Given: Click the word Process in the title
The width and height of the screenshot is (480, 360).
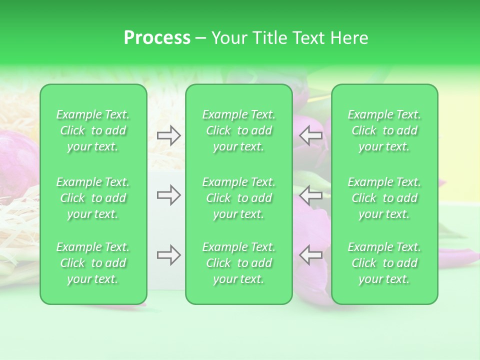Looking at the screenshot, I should pyautogui.click(x=157, y=38).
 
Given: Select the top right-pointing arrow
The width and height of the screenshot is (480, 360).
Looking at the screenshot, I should pyautogui.click(x=169, y=135).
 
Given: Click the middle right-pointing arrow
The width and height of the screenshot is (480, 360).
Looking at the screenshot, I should pyautogui.click(x=169, y=195).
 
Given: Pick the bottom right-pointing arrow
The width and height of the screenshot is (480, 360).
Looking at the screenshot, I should pyautogui.click(x=169, y=255).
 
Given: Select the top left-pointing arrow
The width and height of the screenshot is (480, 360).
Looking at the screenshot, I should pyautogui.click(x=310, y=135).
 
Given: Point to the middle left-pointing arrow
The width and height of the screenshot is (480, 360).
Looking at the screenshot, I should pyautogui.click(x=310, y=195).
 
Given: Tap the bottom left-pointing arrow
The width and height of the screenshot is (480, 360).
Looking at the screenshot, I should pyautogui.click(x=310, y=255).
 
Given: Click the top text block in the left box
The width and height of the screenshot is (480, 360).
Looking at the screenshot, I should pyautogui.click(x=93, y=130).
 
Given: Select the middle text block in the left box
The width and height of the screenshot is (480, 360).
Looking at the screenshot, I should pyautogui.click(x=93, y=198).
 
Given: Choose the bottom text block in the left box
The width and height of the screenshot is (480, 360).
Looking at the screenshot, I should pyautogui.click(x=93, y=263).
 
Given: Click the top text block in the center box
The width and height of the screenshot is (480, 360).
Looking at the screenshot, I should pyautogui.click(x=239, y=130).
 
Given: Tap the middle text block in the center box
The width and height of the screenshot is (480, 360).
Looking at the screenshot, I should pyautogui.click(x=239, y=198).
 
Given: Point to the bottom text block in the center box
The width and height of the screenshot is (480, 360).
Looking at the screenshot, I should pyautogui.click(x=239, y=263).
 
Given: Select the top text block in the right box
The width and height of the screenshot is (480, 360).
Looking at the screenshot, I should pyautogui.click(x=384, y=130).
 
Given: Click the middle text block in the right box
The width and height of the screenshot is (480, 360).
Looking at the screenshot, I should pyautogui.click(x=384, y=198).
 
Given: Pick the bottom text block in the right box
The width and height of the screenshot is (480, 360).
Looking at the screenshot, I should pyautogui.click(x=384, y=263).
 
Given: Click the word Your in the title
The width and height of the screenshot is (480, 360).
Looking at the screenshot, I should pyautogui.click(x=229, y=38).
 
